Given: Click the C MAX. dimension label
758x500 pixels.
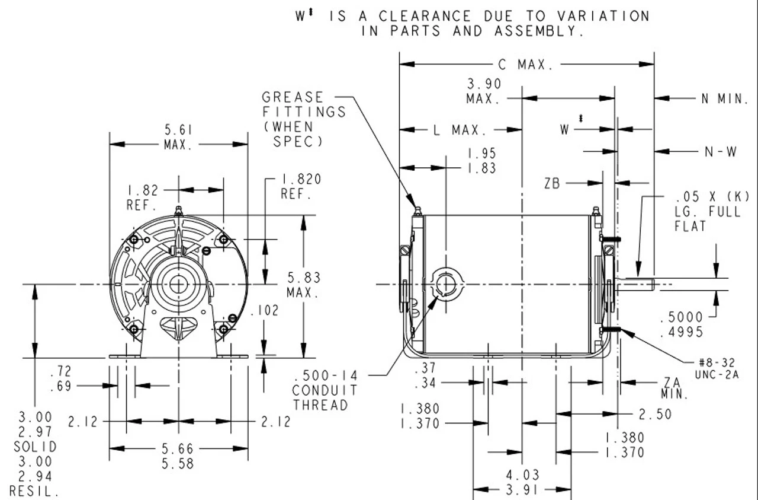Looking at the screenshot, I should pos(526,65).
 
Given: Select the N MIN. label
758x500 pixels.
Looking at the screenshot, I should pos(725,98).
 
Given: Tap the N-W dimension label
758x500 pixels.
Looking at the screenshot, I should pos(721,152).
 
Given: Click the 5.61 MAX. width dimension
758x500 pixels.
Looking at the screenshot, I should pos(178,137).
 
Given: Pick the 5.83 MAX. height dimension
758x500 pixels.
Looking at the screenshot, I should pos(304,284).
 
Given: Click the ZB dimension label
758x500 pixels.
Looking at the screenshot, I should pos(553,184).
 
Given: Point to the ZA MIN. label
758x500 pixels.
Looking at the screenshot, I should pos(672,388).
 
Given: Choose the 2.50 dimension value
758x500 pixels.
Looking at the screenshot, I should pos(655,413).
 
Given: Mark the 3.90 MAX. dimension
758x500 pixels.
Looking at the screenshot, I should pos(484,91).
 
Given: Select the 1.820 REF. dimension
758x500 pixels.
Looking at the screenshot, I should pos(297,186).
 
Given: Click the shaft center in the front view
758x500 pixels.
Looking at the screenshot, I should pos(178,284).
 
